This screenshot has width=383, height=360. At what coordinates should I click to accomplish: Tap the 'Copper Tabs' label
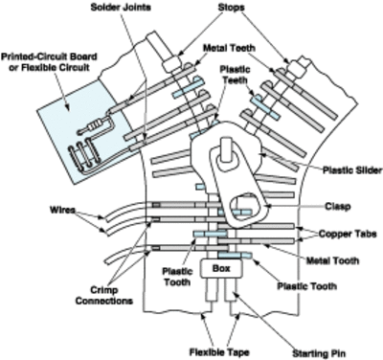point(338,232)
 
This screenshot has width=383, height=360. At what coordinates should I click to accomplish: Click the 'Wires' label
point(35,209)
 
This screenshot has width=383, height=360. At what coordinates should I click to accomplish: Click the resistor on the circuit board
point(94,126)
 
